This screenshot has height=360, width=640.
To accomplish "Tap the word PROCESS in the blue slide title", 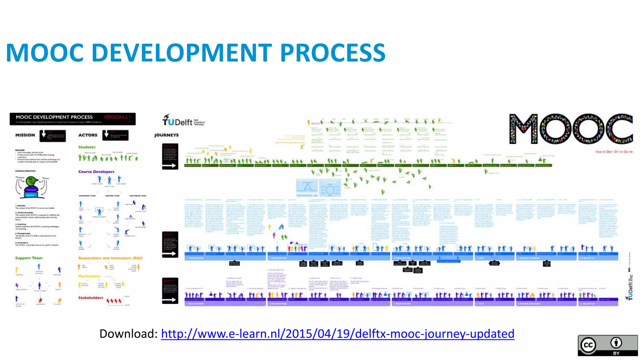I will (333, 52).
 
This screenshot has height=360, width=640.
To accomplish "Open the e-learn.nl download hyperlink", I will (337, 334).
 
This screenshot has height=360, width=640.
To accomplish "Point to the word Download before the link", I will (128, 334).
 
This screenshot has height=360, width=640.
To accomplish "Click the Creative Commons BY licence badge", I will (607, 345).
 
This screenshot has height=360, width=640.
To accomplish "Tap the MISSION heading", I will (25, 135).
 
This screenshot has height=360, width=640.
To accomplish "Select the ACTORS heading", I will (88, 135).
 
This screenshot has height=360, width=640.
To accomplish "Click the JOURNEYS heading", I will (166, 135).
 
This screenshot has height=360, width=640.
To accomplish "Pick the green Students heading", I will (87, 147).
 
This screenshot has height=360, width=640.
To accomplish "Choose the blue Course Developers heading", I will (96, 172).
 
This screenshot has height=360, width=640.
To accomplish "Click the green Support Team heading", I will (29, 258).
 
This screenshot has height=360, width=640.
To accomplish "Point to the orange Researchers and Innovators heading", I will (110, 258).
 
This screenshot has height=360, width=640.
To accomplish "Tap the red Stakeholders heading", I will (91, 297).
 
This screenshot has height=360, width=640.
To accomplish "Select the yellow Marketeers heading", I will (89, 276).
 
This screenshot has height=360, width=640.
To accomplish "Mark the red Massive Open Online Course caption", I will (613, 152).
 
